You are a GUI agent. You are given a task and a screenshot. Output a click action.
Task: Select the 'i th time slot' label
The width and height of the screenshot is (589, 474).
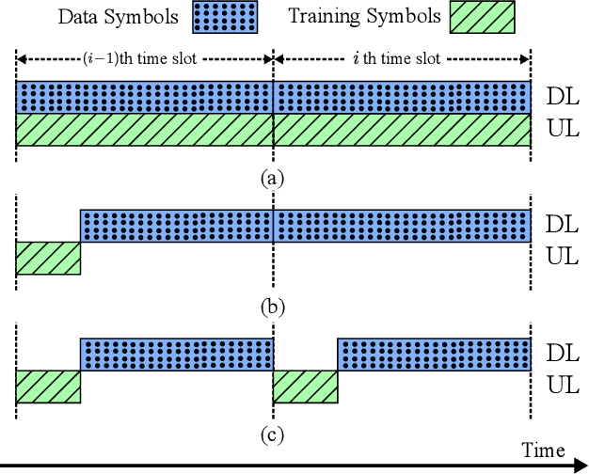click(402, 58)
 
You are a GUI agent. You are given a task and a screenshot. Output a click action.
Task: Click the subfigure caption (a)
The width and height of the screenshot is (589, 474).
click(273, 178)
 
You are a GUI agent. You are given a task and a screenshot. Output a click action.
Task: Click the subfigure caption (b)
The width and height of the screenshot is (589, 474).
click(273, 307)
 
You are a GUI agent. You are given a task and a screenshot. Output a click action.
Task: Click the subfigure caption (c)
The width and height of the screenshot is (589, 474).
click(273, 434)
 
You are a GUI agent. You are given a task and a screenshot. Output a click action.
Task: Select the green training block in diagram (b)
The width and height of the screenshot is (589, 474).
click(48, 258)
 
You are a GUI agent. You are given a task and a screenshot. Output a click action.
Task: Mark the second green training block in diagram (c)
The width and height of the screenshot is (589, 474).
click(305, 387)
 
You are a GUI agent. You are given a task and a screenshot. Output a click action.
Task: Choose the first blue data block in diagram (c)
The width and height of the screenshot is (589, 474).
click(177, 354)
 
